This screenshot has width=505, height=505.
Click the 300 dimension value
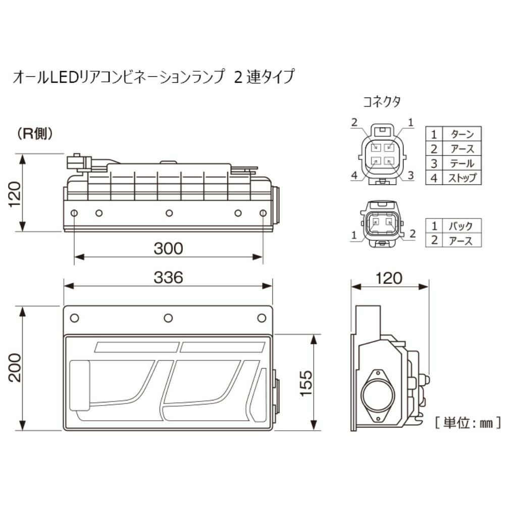coord(168,248)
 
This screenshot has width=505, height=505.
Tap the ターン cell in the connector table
coord(461,134)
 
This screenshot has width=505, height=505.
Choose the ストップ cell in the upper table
coord(461,178)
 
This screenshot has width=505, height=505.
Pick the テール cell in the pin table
coord(461,163)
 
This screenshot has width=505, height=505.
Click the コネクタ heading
coord(382,102)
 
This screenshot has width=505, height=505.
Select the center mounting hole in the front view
coord(168,318)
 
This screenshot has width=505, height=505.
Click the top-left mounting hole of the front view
coord(75,318)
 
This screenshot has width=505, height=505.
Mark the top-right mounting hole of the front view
coord(262,318)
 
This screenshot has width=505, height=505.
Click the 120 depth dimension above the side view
coord(389,277)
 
